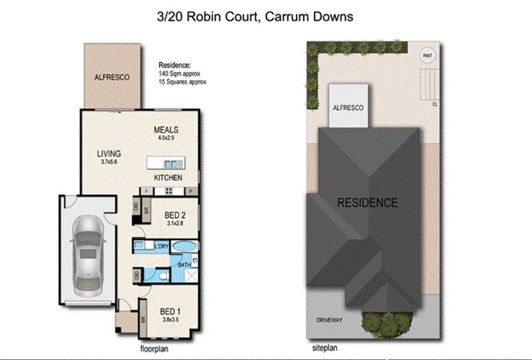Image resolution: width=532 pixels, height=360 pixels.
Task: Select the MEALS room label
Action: point(166,130)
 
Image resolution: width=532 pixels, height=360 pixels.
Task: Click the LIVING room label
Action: point(109,153)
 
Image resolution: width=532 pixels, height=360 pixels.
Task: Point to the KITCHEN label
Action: point(168,177)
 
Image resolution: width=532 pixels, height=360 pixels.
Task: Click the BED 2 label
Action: point(176,215)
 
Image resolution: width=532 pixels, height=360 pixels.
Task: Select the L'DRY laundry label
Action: point(162,247)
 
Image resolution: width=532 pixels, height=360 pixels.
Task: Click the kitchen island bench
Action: point(166,162)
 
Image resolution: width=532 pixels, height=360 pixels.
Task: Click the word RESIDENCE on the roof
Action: point(367,202)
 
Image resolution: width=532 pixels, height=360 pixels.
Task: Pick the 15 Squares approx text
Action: point(183,82)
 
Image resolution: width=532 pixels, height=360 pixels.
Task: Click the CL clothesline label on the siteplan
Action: point(435,103)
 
